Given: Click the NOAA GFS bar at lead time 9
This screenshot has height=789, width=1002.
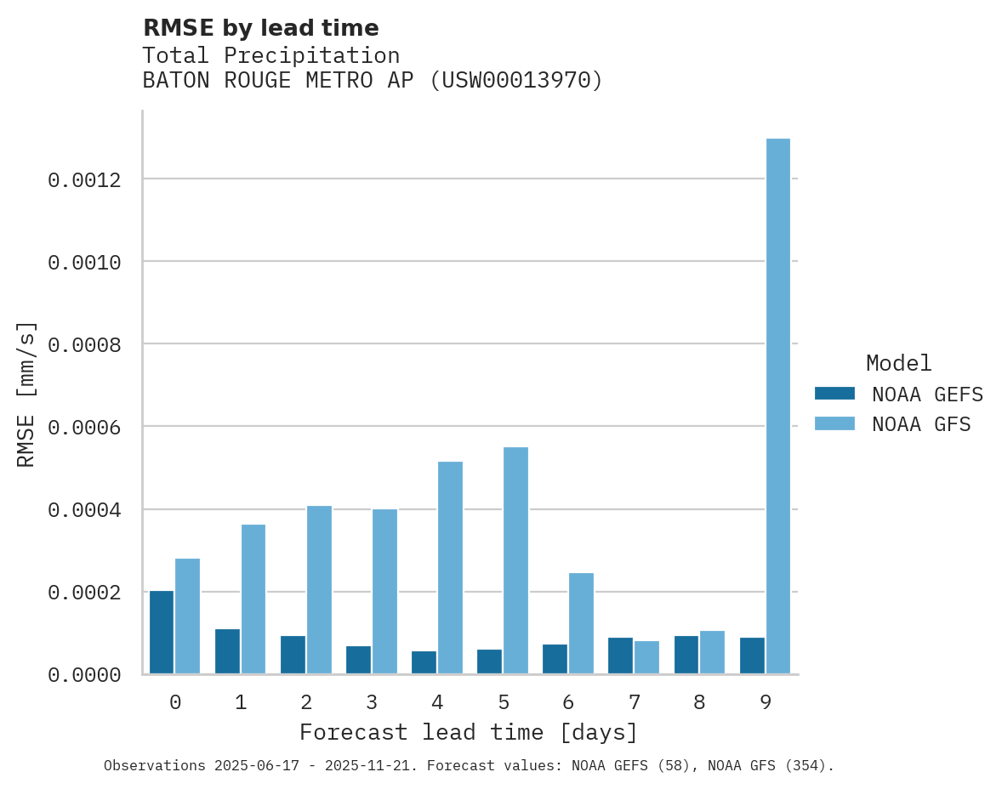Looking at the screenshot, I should [777, 406].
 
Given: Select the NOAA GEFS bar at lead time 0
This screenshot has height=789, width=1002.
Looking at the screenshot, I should [162, 633].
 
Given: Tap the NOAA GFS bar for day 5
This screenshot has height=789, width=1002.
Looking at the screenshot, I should [515, 560].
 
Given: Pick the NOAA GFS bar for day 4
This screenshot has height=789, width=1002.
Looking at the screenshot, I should [450, 567].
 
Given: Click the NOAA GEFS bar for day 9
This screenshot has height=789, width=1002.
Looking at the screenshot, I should [752, 656].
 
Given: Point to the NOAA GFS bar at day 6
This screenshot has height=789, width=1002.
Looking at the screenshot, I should [581, 623].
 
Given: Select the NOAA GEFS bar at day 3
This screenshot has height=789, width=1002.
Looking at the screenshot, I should [359, 660].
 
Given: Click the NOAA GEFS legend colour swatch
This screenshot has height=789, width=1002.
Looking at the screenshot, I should [834, 394].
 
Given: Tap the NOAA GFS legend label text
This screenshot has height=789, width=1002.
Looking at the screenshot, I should [920, 424].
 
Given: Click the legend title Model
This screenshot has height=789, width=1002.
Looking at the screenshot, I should [898, 363].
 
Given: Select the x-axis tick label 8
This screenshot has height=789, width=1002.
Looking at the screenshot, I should [699, 702].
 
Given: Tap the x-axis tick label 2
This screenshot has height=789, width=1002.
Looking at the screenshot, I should [306, 702].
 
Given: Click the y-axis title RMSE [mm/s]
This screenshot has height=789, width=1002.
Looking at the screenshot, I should [26, 394].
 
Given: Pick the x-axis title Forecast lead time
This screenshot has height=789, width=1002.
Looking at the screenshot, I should [469, 732].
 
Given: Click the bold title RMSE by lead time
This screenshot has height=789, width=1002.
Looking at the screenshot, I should [260, 28].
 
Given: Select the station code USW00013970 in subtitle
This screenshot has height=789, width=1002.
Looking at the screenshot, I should [515, 81].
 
